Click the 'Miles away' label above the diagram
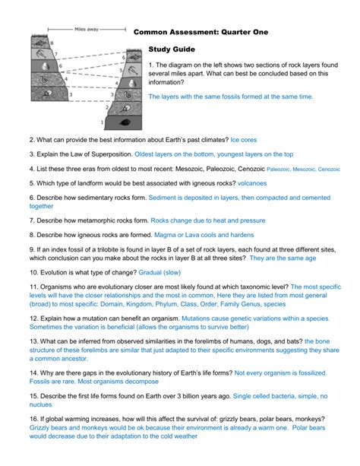86,30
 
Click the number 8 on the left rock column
52,43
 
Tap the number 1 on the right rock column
102,122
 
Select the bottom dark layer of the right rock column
122,121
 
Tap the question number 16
33,419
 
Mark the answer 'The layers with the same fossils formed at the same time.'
230,97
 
